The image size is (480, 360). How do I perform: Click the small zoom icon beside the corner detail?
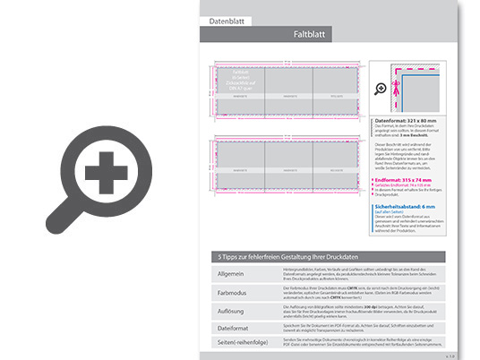coord(381,89)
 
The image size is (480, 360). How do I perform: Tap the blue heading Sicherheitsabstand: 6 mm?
coord(406,206)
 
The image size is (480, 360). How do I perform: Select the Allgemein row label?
coord(232,272)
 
